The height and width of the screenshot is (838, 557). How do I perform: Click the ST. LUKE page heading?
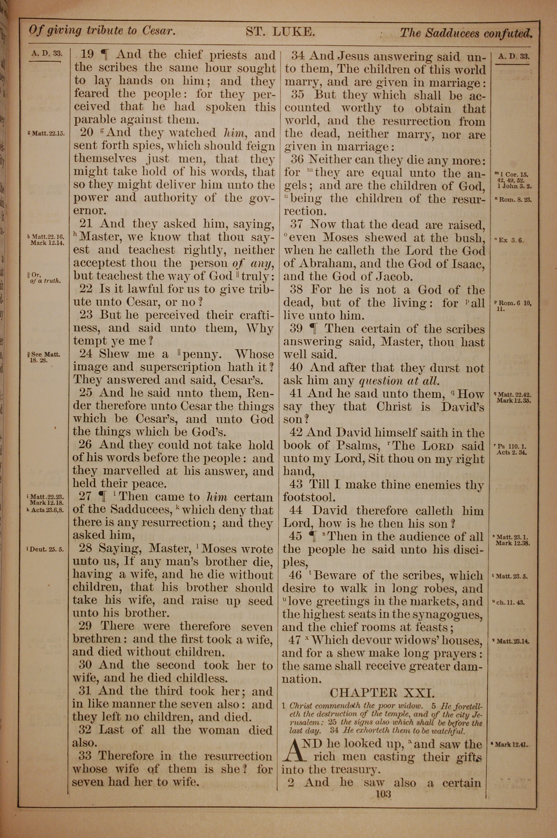click(280, 32)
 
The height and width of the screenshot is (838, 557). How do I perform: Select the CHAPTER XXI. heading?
click(382, 692)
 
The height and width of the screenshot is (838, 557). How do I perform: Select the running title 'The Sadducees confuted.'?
click(466, 33)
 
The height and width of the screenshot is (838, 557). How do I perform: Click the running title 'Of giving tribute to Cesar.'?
click(102, 31)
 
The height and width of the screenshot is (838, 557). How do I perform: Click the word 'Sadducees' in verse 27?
click(141, 510)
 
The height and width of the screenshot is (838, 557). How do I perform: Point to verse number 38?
click(297, 290)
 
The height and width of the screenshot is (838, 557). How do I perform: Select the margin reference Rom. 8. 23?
click(513, 200)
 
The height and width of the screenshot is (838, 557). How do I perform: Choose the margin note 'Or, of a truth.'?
click(45, 278)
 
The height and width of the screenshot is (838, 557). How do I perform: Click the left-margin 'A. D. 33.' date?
click(47, 54)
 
